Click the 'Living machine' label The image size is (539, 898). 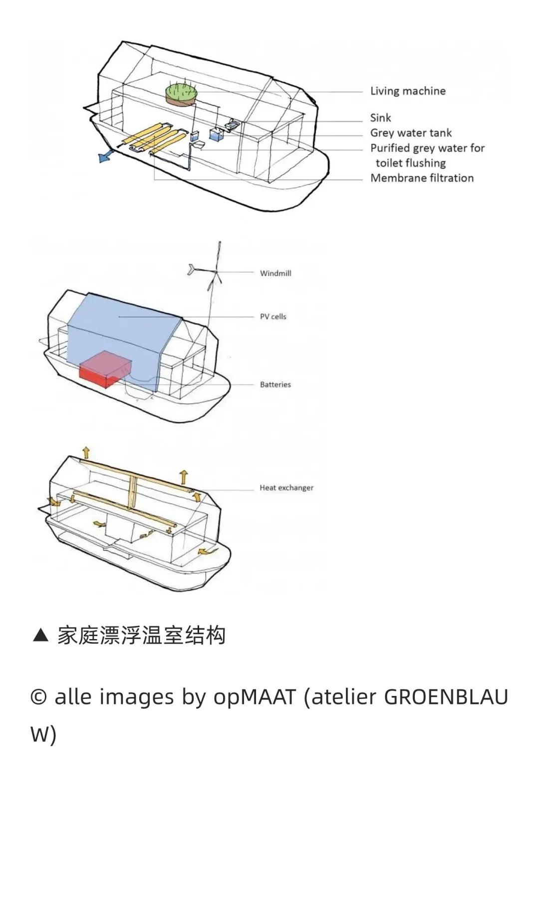pos(408,91)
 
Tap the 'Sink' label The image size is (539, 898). pos(380,118)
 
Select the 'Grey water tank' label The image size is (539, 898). pos(411,133)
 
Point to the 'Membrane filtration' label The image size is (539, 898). pos(422,178)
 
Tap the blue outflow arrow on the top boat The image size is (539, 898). pos(105,157)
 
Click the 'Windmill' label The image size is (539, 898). pos(275,273)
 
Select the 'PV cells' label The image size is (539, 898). pos(273,317)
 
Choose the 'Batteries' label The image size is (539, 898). pos(275,385)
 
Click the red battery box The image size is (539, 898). pos(105,370)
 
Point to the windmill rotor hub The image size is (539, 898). pos(216,272)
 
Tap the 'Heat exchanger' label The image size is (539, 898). pos(286,488)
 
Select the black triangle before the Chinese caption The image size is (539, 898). pos(40,636)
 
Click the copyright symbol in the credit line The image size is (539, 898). pos(38,697)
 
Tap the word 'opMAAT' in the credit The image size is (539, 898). pos(255,697)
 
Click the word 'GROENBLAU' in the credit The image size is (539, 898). pos(446,697)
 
